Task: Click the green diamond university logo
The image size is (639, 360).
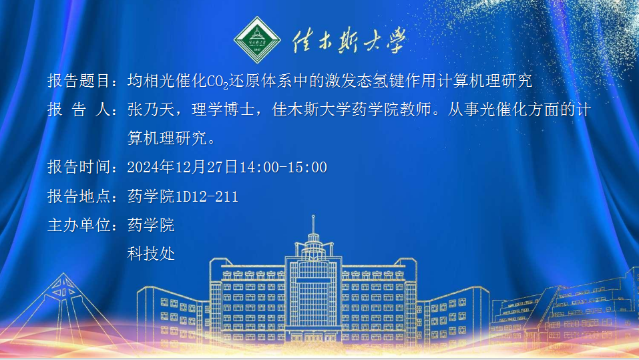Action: coord(257,40)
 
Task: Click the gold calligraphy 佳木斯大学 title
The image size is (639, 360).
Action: coord(349,40)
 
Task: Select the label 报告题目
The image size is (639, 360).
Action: coord(78,81)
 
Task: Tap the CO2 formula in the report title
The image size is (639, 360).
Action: coord(218,82)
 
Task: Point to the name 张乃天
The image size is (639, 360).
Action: coord(151,110)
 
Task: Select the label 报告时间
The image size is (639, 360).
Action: coord(78,167)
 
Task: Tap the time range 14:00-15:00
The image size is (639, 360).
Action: coord(283,167)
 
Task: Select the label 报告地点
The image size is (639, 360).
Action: coord(78,196)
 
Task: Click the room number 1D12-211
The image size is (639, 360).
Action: coord(206,196)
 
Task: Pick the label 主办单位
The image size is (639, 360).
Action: coord(78,225)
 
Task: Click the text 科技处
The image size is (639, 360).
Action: coord(151,254)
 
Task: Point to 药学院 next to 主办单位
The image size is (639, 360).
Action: coord(151,225)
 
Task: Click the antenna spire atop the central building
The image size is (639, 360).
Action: coord(313,224)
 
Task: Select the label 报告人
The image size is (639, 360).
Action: coord(78,110)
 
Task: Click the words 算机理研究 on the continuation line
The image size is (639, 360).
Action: coord(167,138)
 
